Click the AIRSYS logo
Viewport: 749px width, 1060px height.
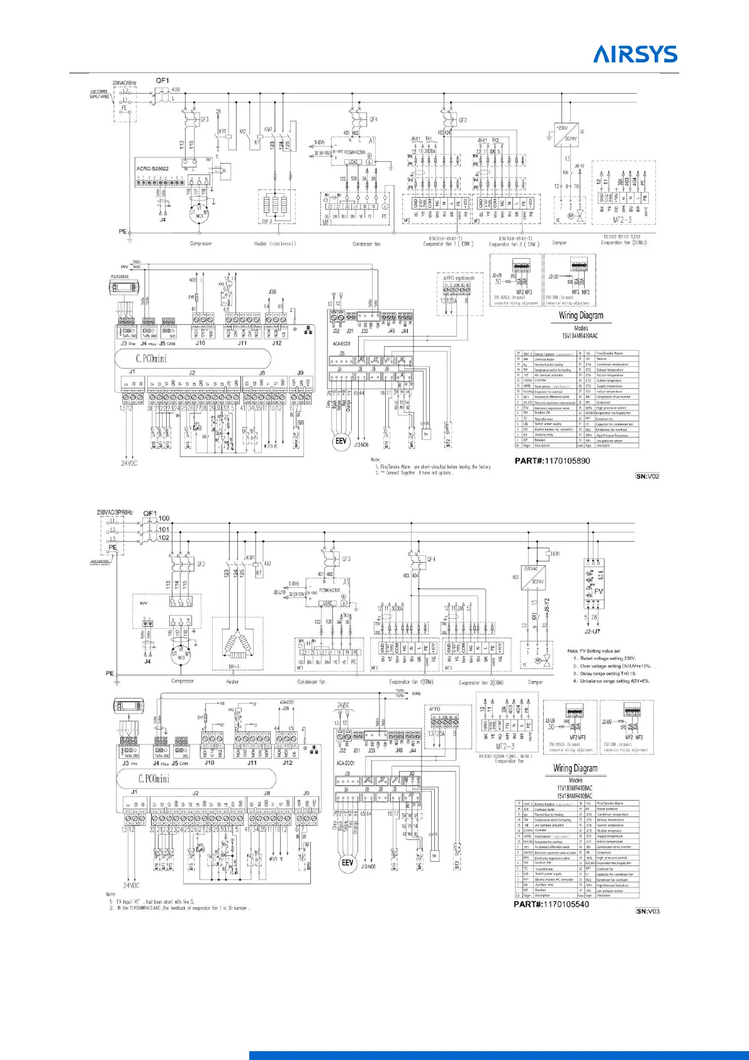(635, 54)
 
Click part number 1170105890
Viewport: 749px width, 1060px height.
(552, 461)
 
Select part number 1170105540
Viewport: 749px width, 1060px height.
(551, 904)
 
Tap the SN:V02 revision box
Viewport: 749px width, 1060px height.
(647, 476)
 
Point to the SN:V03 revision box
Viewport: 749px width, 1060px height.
(647, 911)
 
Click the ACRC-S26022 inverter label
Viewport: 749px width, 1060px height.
(152, 169)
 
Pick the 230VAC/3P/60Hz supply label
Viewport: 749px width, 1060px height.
(115, 513)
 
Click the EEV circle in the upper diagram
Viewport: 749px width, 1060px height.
(341, 441)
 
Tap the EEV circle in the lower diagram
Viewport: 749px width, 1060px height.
(347, 862)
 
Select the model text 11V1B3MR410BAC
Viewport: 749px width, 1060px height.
(574, 787)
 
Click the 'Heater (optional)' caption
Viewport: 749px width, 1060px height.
(274, 244)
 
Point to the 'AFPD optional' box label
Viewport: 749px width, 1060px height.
(458, 278)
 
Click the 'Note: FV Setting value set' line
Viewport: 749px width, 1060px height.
(593, 651)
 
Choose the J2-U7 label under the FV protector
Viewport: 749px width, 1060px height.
(592, 631)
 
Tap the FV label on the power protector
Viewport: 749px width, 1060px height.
(598, 592)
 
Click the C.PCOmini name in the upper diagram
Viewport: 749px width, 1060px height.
(151, 359)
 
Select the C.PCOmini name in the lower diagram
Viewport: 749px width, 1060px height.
(154, 779)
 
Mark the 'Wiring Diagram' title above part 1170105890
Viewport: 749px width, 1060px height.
(580, 315)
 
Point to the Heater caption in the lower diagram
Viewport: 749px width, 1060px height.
(232, 681)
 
